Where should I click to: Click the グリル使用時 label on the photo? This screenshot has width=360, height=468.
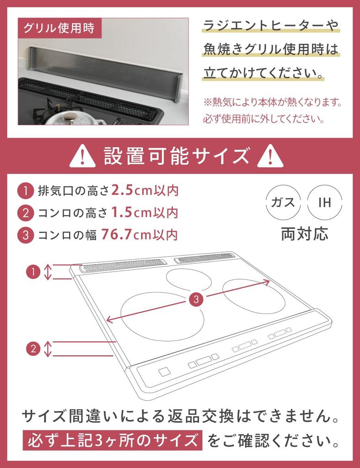[x=59, y=27]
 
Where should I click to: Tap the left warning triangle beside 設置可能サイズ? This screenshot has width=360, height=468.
[x=82, y=156]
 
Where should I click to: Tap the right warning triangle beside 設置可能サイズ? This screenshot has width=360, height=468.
[x=270, y=156]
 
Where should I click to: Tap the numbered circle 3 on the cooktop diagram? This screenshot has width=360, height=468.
[x=196, y=300]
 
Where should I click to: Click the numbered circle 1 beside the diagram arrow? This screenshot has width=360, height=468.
[x=33, y=272]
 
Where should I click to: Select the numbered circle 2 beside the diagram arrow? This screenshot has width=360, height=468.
[x=33, y=349]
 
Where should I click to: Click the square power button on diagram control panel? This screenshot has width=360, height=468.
[x=164, y=372]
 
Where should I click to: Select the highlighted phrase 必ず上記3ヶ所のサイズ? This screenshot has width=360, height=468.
[x=112, y=441]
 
